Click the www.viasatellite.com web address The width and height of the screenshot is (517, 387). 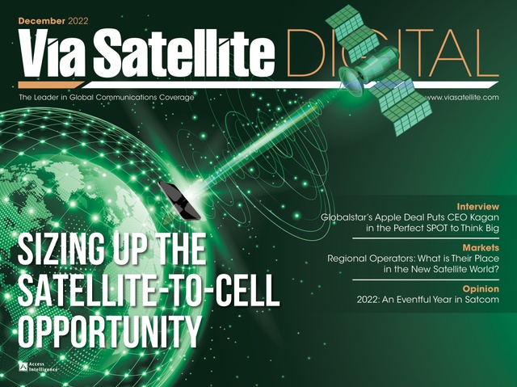461,98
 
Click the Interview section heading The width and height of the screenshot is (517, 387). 477,206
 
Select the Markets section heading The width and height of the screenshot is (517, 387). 481,246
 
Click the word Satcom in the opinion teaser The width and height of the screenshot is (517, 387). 479,300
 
